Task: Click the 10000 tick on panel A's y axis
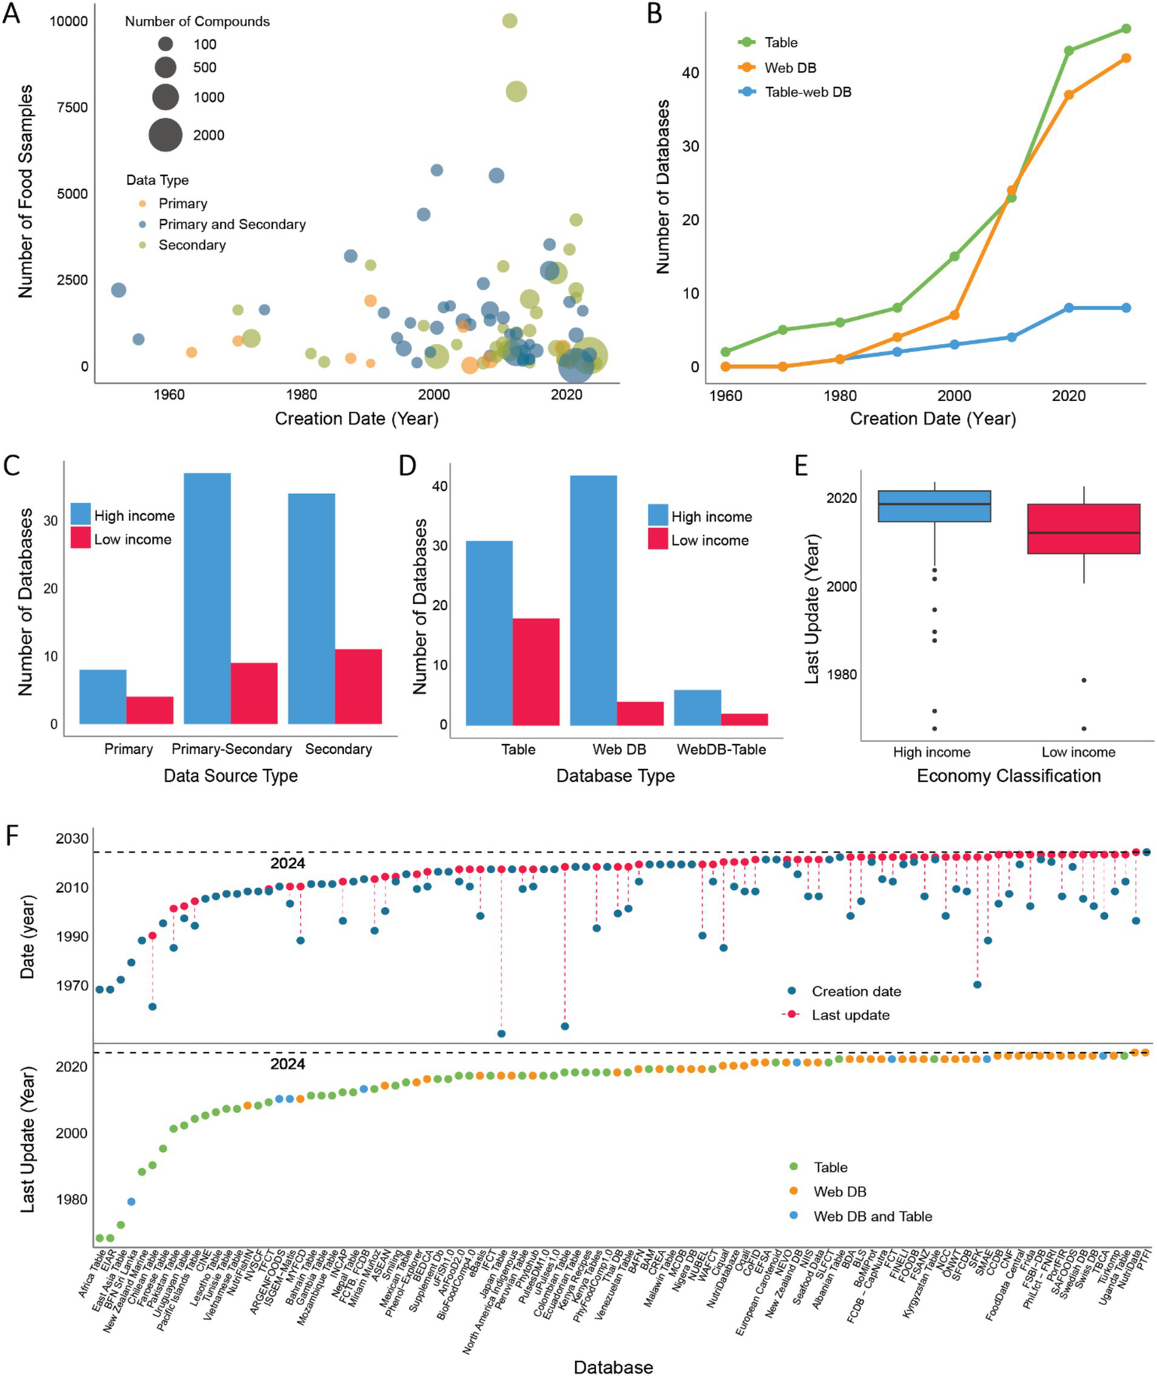[69, 21]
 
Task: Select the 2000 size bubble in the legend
[166, 135]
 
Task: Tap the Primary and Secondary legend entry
[231, 225]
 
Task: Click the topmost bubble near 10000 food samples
[510, 21]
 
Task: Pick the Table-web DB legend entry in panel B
[807, 92]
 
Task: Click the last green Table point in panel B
[1126, 29]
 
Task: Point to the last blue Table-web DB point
[1126, 308]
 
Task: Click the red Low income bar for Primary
[150, 709]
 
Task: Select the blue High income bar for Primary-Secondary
[207, 598]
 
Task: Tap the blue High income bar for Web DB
[593, 600]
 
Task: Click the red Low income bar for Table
[536, 671]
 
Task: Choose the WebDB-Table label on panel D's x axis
[721, 749]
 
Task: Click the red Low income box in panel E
[1083, 529]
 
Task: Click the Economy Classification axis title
[1009, 776]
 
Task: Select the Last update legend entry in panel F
[849, 1015]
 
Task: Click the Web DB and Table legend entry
[872, 1216]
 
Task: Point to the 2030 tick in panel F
[72, 838]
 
